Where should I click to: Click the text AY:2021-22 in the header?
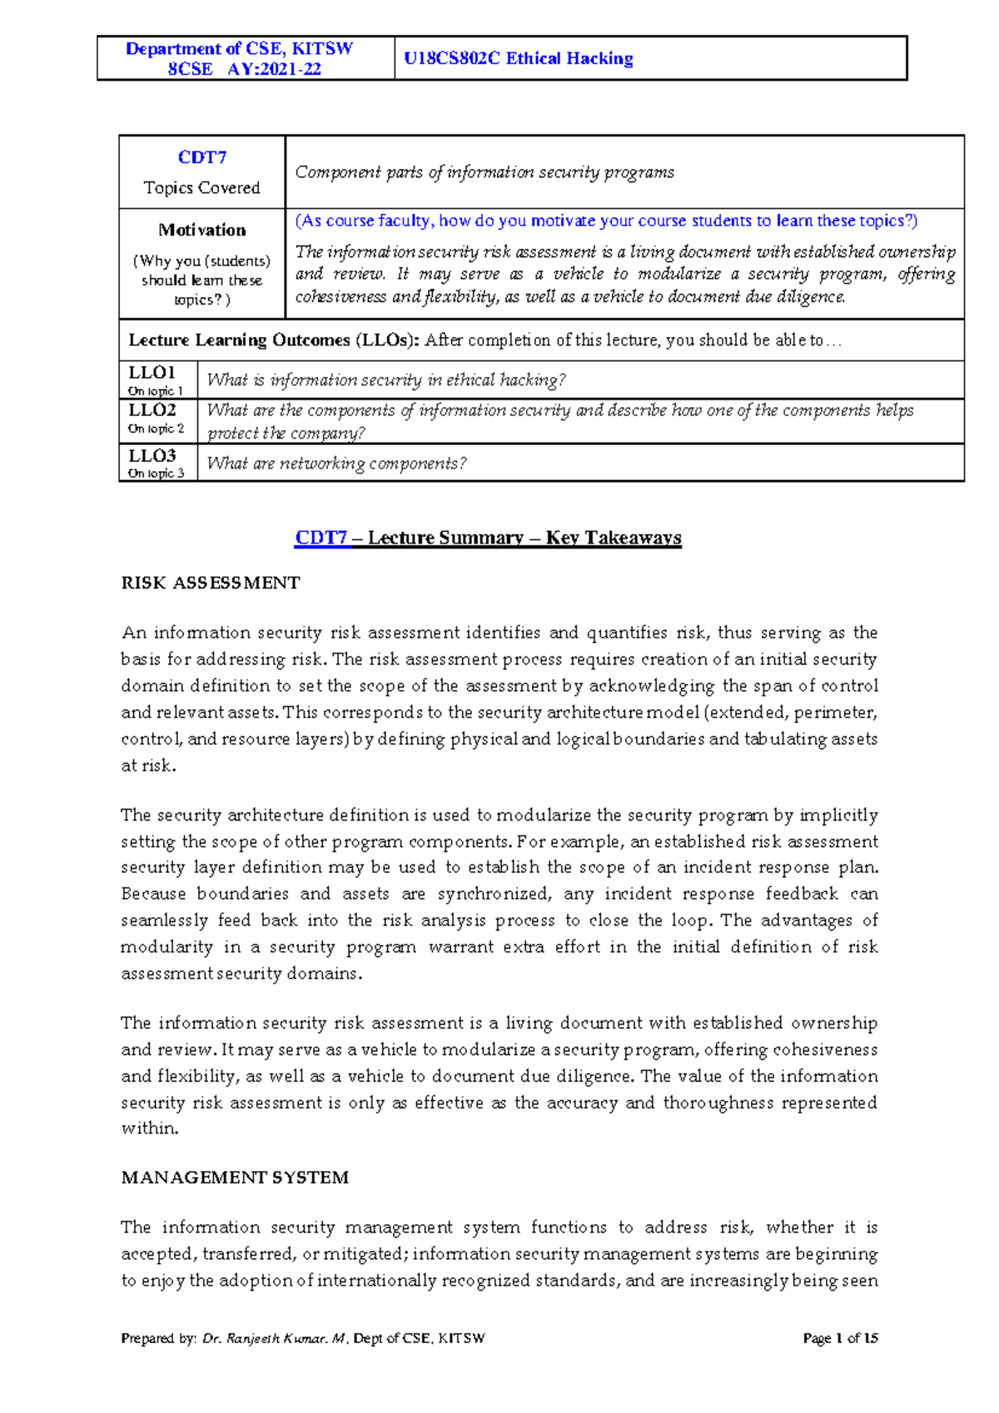(274, 69)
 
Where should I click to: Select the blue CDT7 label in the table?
(201, 157)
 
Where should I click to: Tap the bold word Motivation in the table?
(202, 230)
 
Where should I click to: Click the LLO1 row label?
(152, 372)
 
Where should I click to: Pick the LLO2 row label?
(152, 410)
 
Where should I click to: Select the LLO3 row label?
(152, 456)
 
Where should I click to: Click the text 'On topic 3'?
(156, 473)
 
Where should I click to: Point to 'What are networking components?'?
(336, 463)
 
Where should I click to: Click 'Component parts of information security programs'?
(485, 172)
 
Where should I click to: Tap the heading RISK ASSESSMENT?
(211, 583)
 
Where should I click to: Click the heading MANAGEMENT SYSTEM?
(235, 1177)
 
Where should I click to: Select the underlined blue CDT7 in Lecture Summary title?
(321, 538)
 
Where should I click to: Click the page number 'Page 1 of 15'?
(840, 1338)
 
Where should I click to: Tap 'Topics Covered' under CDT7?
(201, 188)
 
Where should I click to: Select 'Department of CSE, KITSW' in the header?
(239, 49)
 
